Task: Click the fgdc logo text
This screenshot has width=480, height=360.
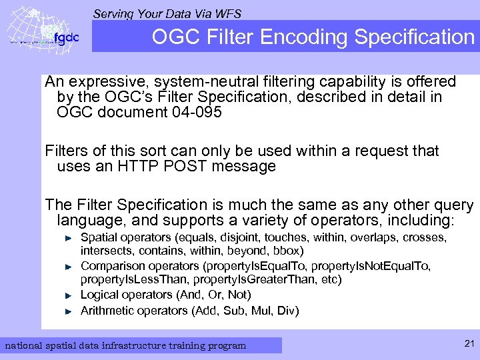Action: pyautogui.click(x=66, y=38)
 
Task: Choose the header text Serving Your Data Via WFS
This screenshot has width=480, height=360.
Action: pyautogui.click(x=167, y=13)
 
